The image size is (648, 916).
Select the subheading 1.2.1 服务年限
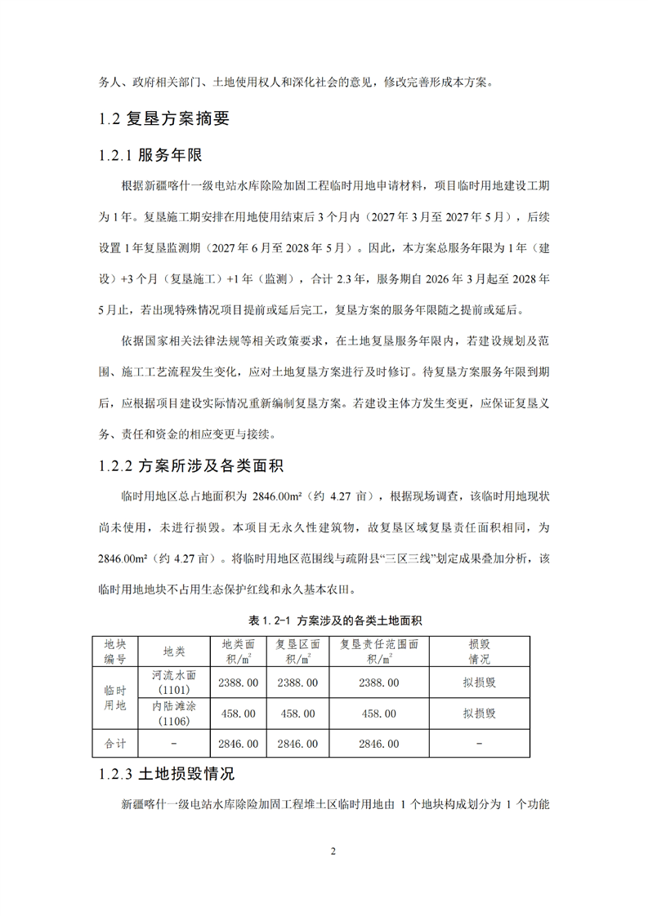[150, 155]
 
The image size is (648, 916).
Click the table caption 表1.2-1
[324, 620]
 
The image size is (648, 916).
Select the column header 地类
[174, 651]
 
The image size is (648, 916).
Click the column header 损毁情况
[479, 651]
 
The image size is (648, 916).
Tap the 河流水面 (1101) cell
[174, 682]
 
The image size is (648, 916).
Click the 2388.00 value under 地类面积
[239, 682]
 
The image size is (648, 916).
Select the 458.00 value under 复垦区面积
[297, 713]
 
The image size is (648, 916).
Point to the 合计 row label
[114, 744]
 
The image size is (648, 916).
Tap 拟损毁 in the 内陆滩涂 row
[479, 713]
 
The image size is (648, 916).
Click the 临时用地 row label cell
[114, 697]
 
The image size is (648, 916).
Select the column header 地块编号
[114, 651]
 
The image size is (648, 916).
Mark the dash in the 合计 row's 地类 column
[174, 744]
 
